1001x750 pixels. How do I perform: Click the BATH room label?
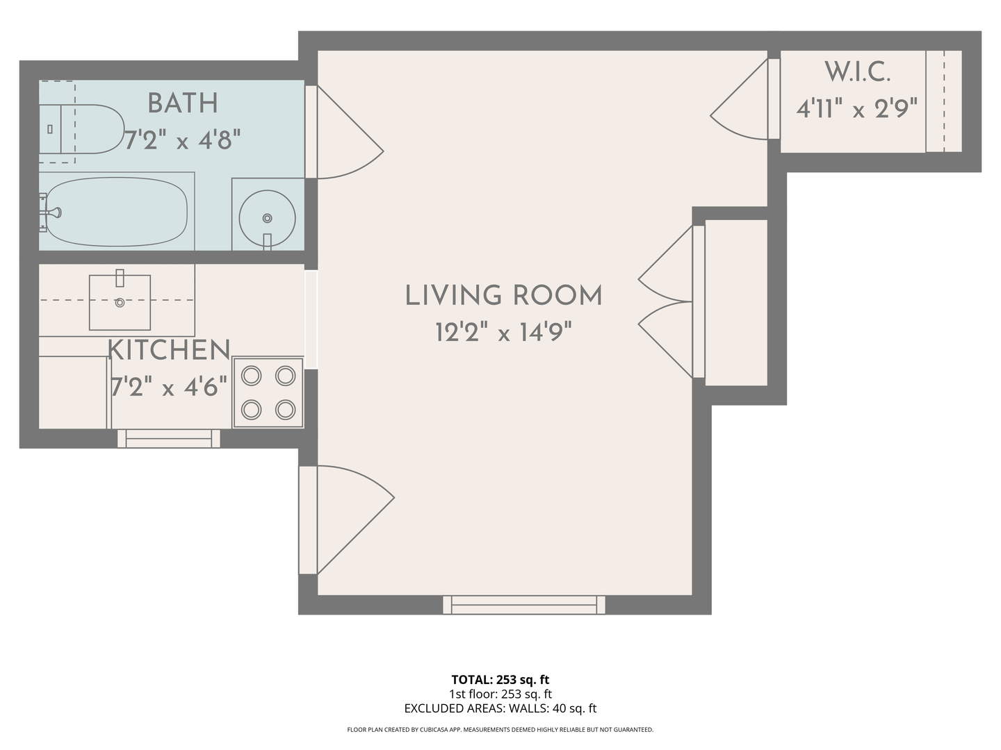pyautogui.click(x=182, y=103)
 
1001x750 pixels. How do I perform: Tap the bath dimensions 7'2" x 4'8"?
pyautogui.click(x=182, y=140)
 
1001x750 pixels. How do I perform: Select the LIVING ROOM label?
pyautogui.click(x=503, y=296)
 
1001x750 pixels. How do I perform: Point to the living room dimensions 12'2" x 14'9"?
pyautogui.click(x=503, y=332)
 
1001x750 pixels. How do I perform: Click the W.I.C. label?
pyautogui.click(x=857, y=72)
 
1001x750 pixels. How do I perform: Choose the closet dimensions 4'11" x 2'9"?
pyautogui.click(x=857, y=109)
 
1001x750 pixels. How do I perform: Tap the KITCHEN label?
pyautogui.click(x=169, y=350)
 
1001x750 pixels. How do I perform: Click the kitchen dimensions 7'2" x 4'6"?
pyautogui.click(x=169, y=387)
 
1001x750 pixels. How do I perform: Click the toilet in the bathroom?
pyautogui.click(x=81, y=129)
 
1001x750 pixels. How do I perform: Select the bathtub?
pyautogui.click(x=117, y=212)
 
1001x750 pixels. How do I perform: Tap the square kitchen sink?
pyautogui.click(x=120, y=302)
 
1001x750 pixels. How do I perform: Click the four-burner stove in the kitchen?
pyautogui.click(x=268, y=392)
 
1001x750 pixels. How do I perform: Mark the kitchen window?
pyautogui.click(x=169, y=438)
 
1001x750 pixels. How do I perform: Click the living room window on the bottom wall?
pyautogui.click(x=524, y=605)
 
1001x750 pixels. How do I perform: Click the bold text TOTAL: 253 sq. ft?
pyautogui.click(x=500, y=680)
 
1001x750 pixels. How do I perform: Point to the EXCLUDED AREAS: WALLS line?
pyautogui.click(x=500, y=708)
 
